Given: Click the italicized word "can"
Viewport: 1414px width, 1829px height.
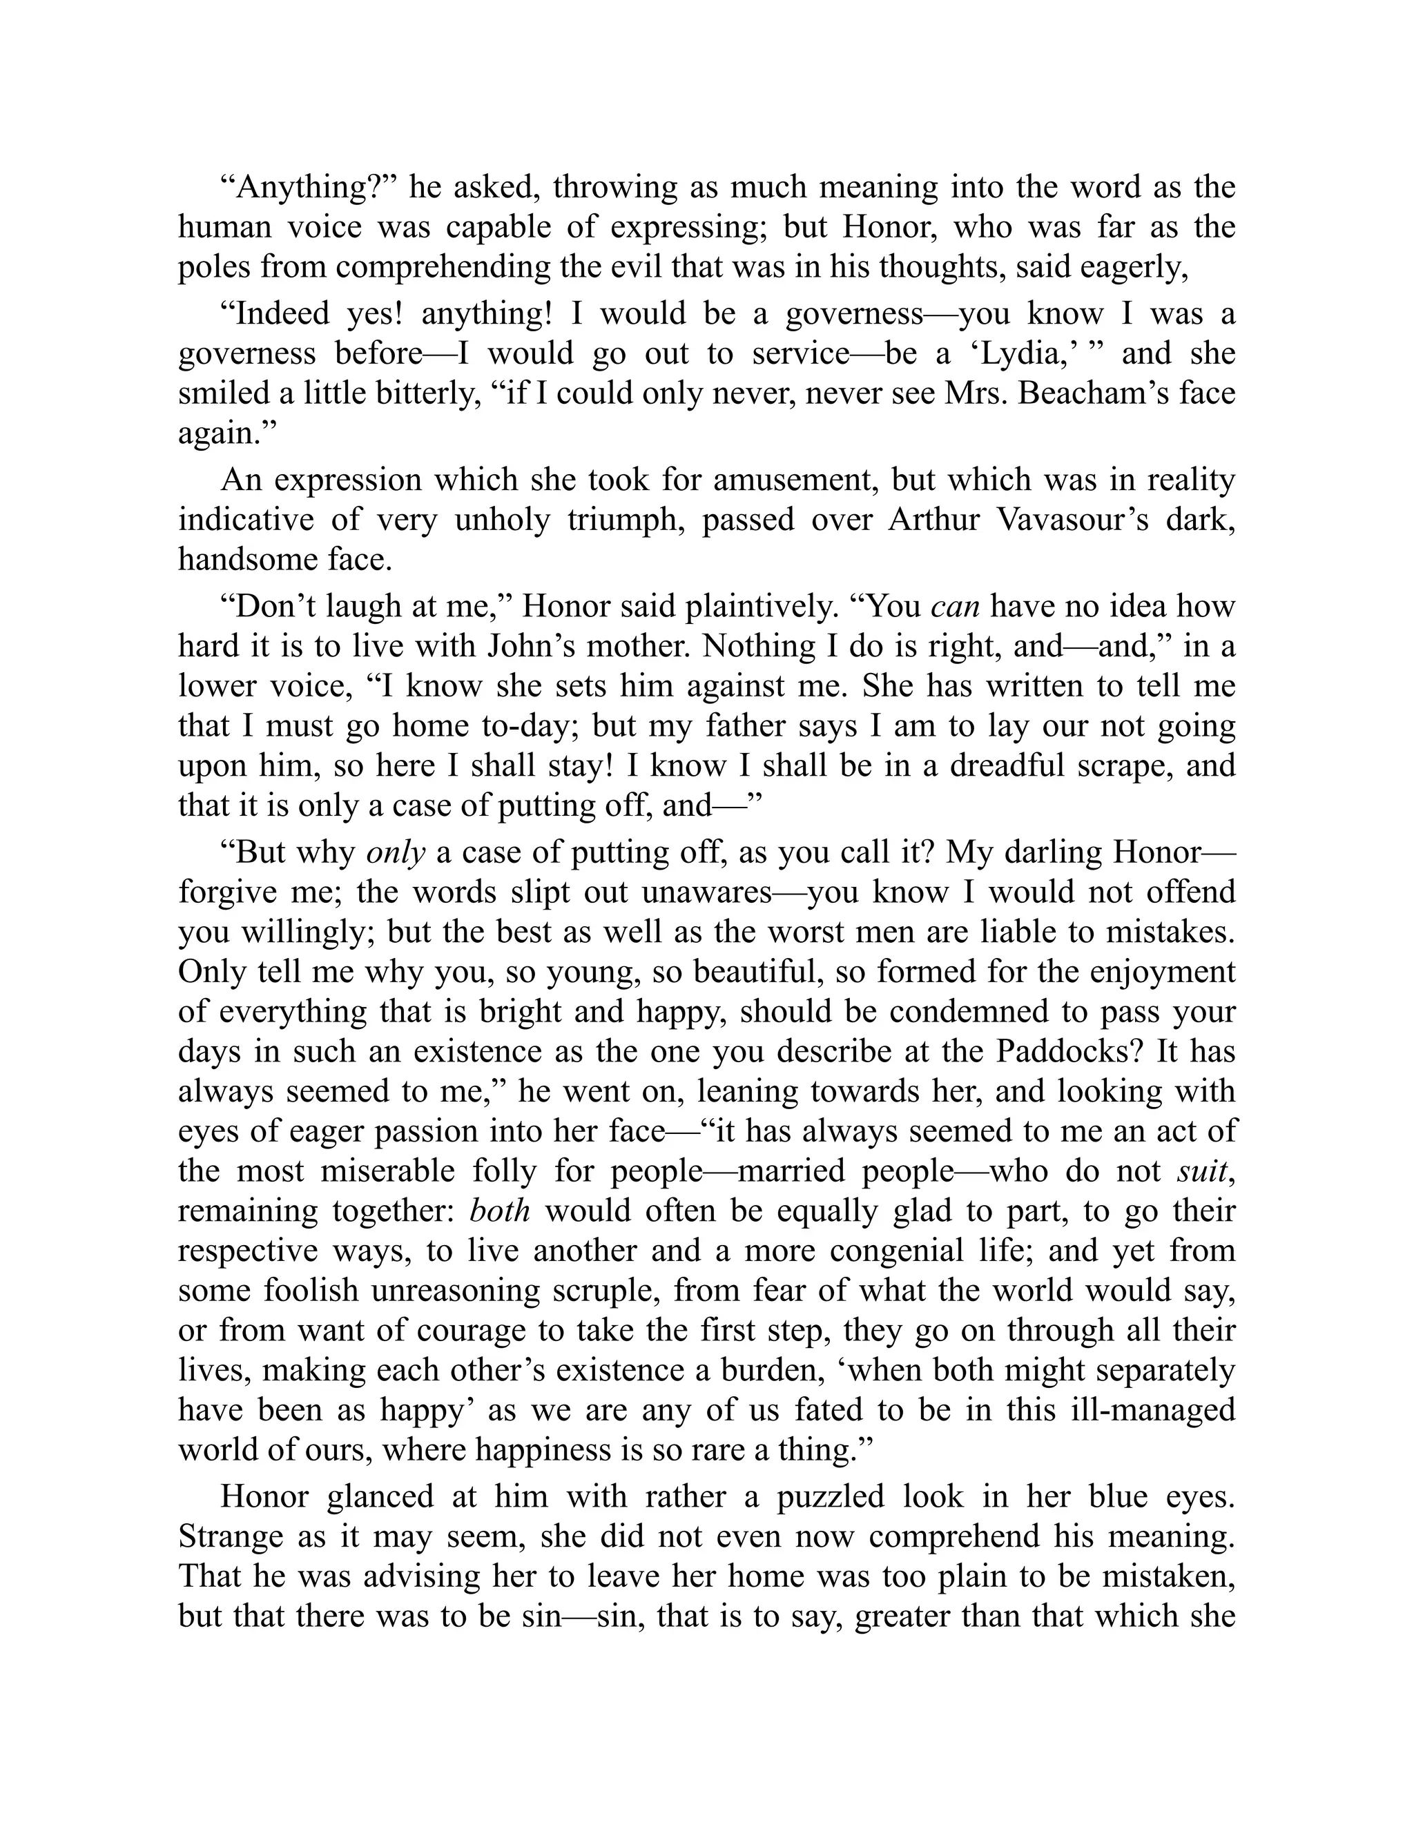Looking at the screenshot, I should (956, 606).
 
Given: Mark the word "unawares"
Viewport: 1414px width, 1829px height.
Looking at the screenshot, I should (706, 892).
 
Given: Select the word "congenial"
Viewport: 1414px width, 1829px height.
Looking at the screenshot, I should (903, 1251).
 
